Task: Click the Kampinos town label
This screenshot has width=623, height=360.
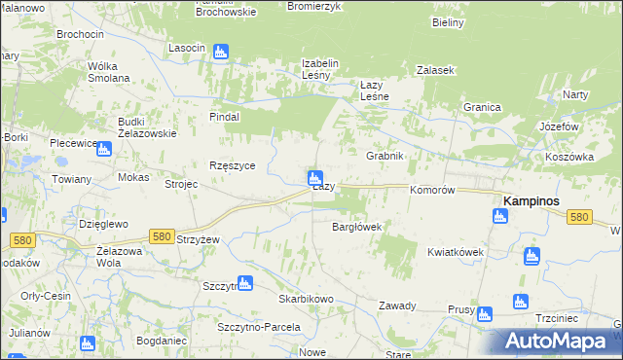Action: coord(535,200)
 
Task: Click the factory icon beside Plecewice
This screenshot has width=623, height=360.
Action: coord(103,149)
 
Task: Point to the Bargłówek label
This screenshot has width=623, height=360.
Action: coord(356,227)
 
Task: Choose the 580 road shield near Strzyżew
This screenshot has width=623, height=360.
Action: coord(163,236)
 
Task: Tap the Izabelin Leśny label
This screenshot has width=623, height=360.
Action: coord(319,70)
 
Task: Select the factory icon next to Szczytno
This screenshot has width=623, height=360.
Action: coord(245,283)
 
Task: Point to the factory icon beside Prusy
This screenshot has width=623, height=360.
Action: coord(485,313)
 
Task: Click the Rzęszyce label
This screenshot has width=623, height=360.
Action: coord(233,165)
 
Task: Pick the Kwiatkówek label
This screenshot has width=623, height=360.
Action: coord(455,252)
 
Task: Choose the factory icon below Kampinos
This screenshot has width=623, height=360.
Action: coord(499,216)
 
